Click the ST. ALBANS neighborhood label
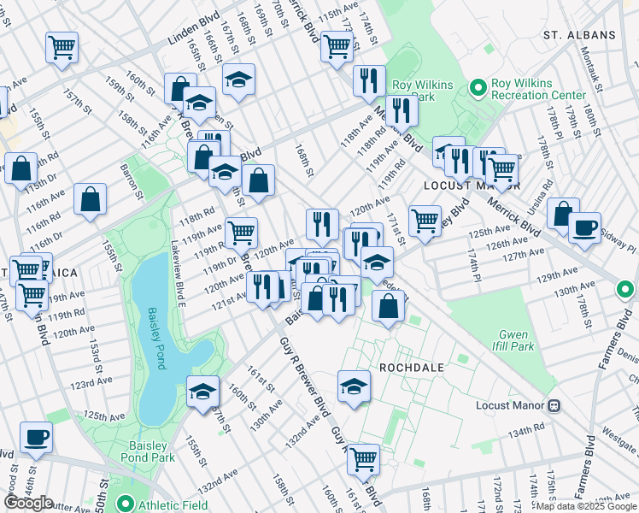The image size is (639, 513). [x=579, y=35]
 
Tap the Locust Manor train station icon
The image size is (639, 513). [x=554, y=404]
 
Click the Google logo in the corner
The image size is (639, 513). [x=29, y=503]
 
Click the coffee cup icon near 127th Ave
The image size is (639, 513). [x=584, y=228]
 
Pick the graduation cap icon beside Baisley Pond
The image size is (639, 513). [x=202, y=392]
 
